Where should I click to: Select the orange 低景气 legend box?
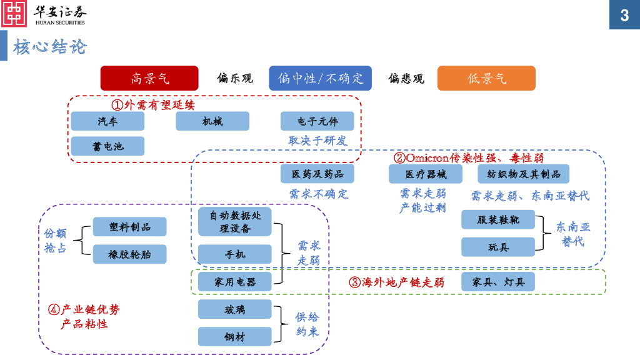point(486,78)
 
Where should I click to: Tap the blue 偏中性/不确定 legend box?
point(320,78)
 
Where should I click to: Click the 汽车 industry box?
point(107,121)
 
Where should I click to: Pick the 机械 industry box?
point(212,121)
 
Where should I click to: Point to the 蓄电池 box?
point(107,146)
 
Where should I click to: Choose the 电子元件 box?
point(317,121)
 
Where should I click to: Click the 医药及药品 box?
point(317,174)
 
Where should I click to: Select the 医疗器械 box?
point(426,174)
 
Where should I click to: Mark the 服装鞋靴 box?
point(498,220)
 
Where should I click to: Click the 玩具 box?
point(498,247)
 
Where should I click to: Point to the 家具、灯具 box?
point(498,282)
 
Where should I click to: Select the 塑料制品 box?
point(130,227)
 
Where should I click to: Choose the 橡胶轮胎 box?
point(130,254)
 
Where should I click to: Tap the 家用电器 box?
point(235,282)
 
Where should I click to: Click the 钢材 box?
point(235,337)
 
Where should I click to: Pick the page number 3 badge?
point(624,15)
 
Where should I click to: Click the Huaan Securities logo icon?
point(14,14)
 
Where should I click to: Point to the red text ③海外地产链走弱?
point(396,282)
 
